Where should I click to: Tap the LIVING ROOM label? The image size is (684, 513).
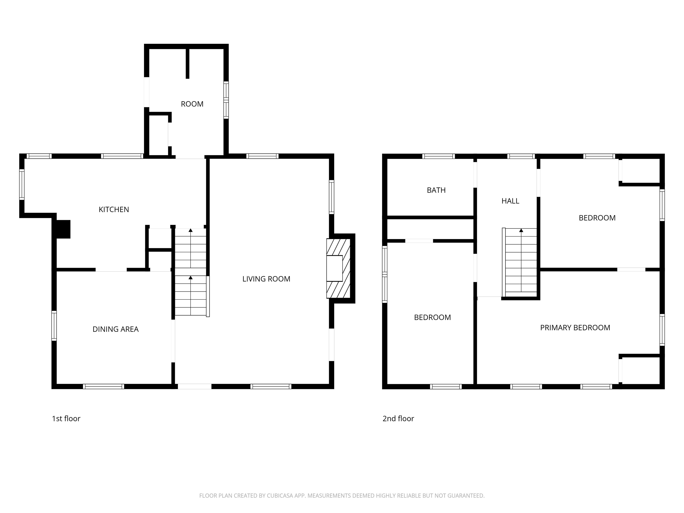point(266,279)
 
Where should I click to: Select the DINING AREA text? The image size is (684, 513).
point(115,329)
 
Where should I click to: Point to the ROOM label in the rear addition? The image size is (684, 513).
point(192,104)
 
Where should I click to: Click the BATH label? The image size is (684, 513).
point(436,190)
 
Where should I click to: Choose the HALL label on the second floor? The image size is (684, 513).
point(510,201)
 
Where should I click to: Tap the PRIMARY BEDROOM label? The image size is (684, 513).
point(575,328)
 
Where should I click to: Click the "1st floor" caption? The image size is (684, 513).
point(66,418)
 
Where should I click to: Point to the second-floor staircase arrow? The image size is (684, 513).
point(521,230)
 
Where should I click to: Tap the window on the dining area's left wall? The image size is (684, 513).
point(54,326)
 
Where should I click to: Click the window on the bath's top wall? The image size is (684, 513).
point(438,156)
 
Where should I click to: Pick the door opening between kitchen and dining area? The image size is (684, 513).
point(111,270)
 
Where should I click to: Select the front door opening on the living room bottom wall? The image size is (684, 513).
point(195,386)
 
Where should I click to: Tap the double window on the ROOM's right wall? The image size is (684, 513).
point(226,100)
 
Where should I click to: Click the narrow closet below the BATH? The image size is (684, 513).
point(430,229)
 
